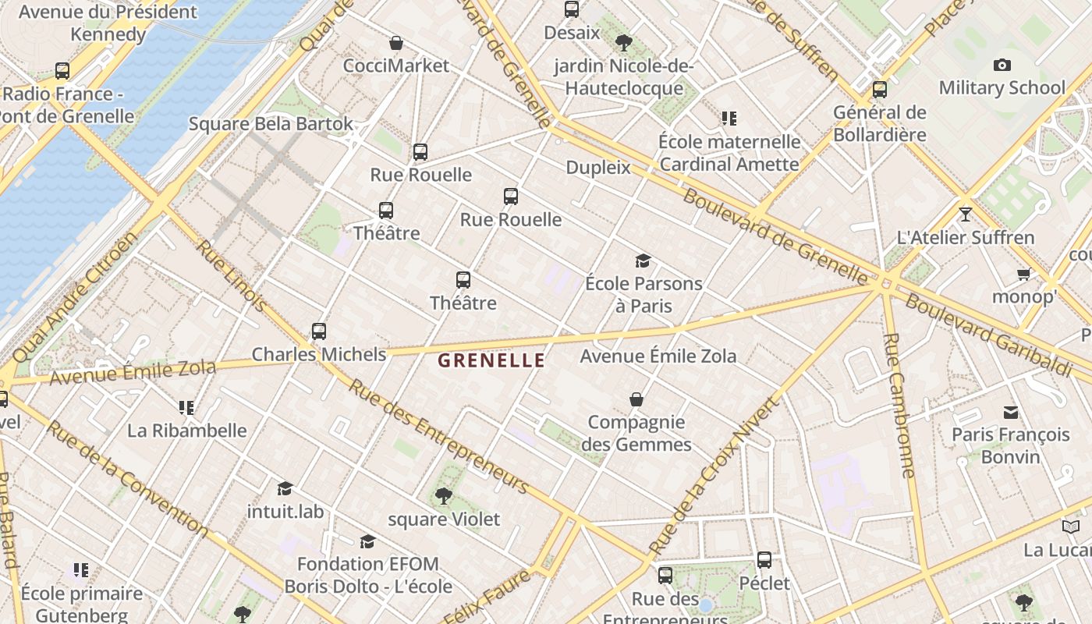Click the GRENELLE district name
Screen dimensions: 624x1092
[x=491, y=360]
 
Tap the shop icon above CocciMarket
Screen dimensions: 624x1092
[x=396, y=43]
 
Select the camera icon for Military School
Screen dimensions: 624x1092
[x=1002, y=66]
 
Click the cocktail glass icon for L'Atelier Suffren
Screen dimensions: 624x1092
[x=966, y=214]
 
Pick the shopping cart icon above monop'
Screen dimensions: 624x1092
[x=1023, y=274]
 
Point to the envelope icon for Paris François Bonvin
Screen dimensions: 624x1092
[x=1011, y=412]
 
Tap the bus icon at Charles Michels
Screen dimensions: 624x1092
[x=318, y=331]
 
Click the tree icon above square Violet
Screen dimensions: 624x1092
[x=443, y=495]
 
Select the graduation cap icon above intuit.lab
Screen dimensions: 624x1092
[x=285, y=488]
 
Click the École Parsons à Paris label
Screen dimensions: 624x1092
[x=643, y=294]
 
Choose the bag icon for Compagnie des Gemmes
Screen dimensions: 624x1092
[x=636, y=399]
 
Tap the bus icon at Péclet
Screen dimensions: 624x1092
[x=764, y=560]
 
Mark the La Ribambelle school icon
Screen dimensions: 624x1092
[x=186, y=407]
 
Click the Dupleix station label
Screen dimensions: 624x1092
[x=598, y=168]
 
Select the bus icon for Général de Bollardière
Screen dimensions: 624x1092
[x=880, y=90]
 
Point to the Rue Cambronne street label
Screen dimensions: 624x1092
[x=899, y=406]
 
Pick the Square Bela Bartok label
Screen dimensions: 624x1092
[x=271, y=124]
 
